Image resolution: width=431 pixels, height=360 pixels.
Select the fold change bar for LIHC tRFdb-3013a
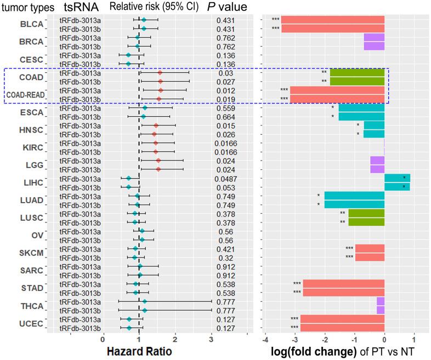coord(397,178)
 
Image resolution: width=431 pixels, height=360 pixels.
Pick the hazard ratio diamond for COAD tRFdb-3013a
coord(160,72)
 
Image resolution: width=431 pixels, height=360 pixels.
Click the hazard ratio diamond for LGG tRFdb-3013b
coord(158,169)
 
